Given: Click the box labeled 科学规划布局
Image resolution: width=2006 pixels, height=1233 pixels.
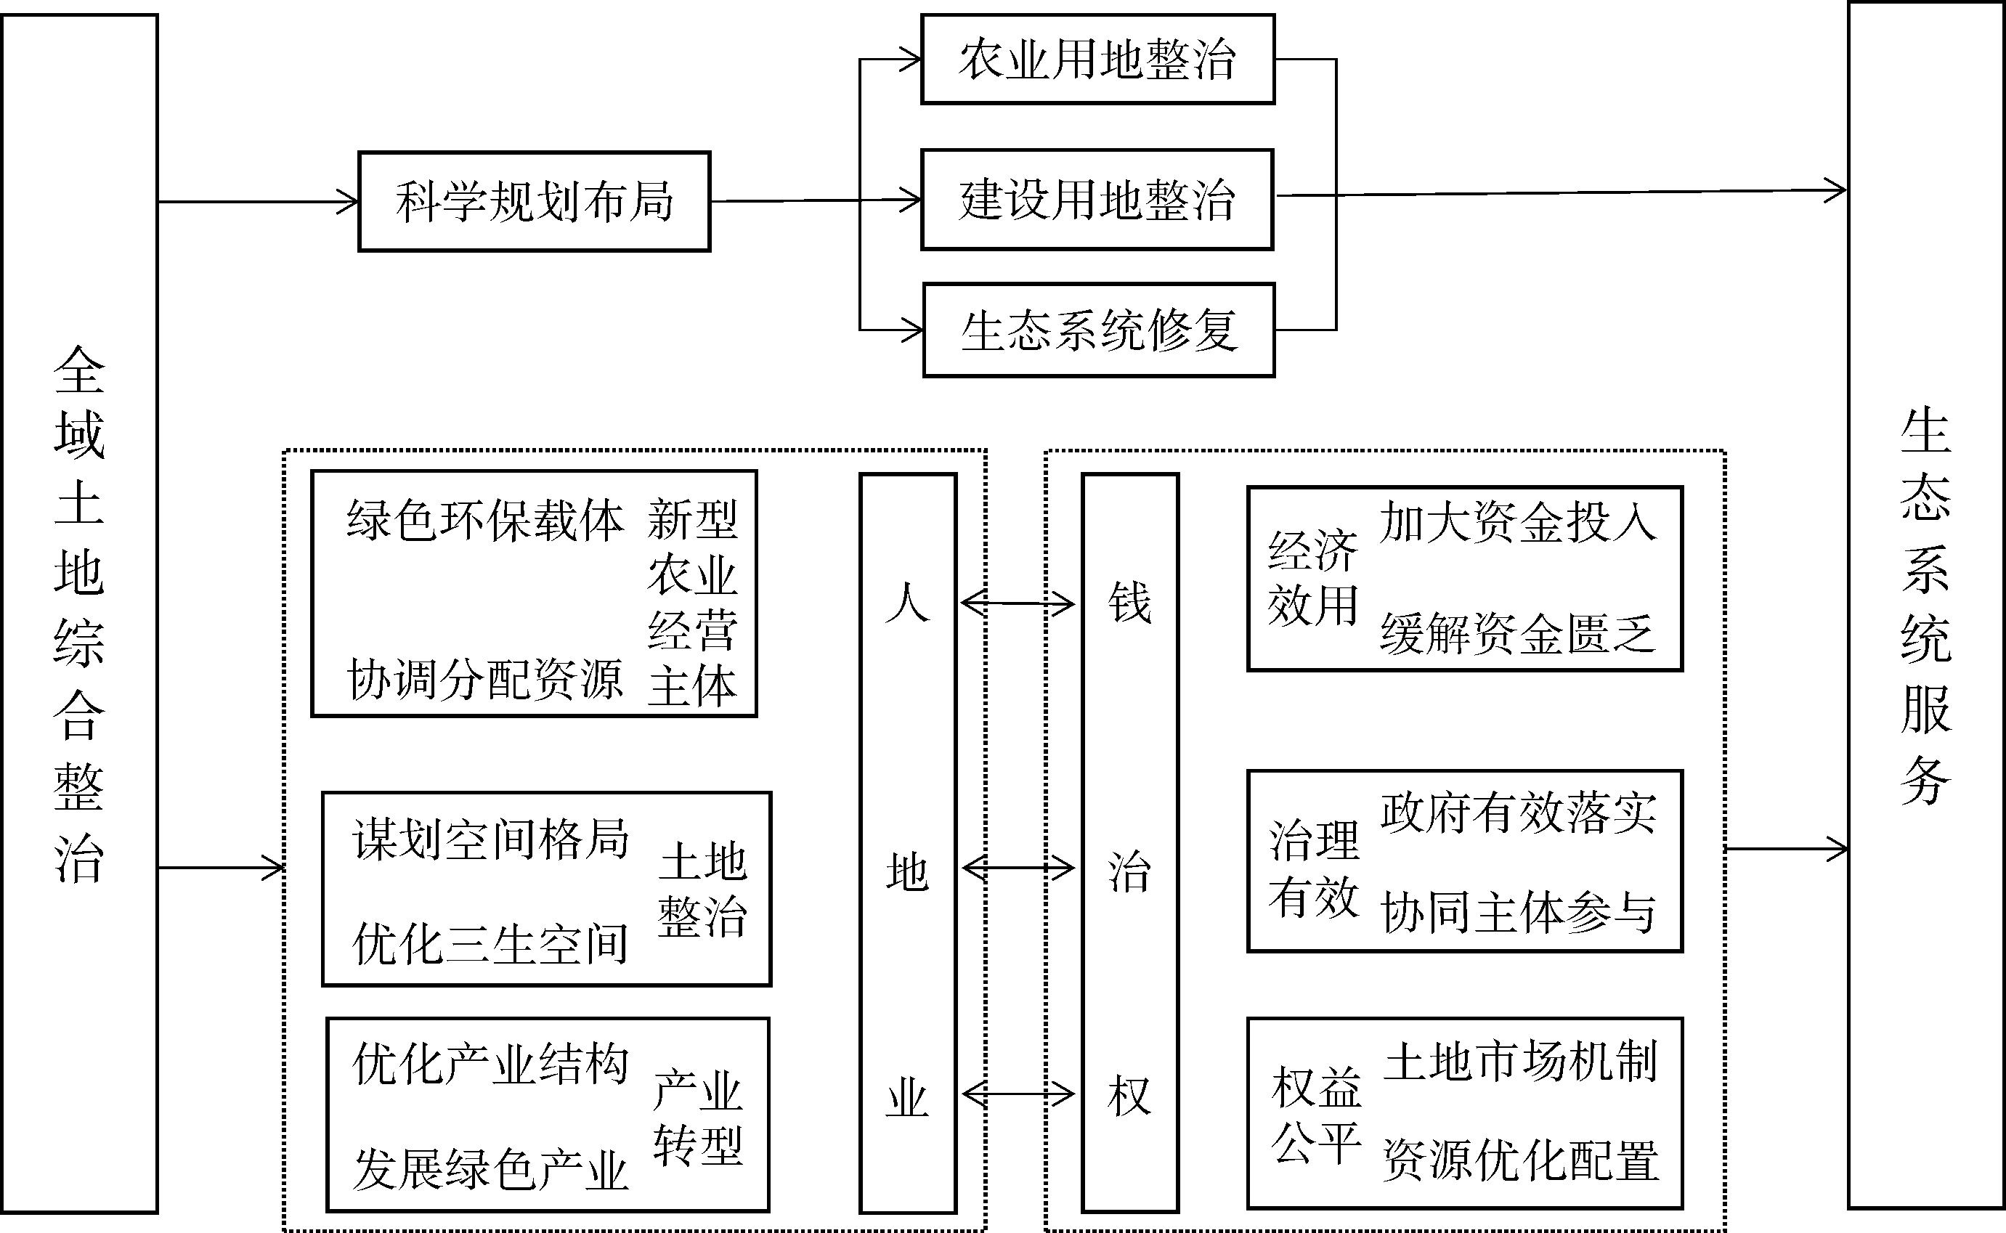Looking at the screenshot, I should click(534, 201).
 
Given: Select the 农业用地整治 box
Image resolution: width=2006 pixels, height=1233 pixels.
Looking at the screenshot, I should click(1097, 60).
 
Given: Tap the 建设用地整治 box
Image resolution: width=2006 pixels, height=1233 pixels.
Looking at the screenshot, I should click(1097, 200).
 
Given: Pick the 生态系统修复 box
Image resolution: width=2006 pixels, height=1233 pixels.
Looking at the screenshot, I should click(1098, 330).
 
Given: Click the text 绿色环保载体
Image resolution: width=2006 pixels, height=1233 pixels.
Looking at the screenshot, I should click(485, 520).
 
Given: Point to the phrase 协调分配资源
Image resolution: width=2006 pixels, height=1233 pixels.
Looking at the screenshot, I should click(485, 679).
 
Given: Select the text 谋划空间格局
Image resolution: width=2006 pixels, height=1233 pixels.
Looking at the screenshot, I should click(490, 839).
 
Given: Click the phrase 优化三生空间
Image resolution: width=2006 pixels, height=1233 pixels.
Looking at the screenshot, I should click(490, 944).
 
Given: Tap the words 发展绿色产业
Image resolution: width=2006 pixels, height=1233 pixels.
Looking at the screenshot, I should click(490, 1169).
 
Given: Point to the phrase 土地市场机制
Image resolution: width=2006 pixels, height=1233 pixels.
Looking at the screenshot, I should click(1521, 1062).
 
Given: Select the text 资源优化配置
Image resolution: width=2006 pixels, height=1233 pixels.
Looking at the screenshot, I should click(1521, 1160).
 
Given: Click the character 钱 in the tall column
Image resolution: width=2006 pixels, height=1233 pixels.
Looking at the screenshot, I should click(1129, 603).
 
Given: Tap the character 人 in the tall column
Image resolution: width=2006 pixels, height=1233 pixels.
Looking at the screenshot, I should click(908, 603).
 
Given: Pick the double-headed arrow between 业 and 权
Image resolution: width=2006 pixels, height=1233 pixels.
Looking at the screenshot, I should click(1018, 1094).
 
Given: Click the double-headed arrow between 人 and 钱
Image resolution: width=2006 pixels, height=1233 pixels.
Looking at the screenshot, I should click(1018, 603).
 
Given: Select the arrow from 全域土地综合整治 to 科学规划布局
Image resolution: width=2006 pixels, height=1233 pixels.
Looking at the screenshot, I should click(258, 201).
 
